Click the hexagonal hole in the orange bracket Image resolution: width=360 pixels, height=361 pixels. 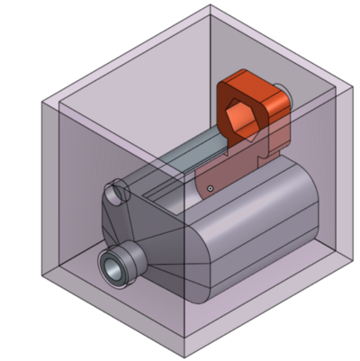tap(242, 119)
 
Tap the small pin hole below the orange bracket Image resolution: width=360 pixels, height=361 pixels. tap(210, 188)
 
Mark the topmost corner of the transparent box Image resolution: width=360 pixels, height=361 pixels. tap(211, 5)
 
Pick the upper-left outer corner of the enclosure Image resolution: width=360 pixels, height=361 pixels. tap(42, 102)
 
